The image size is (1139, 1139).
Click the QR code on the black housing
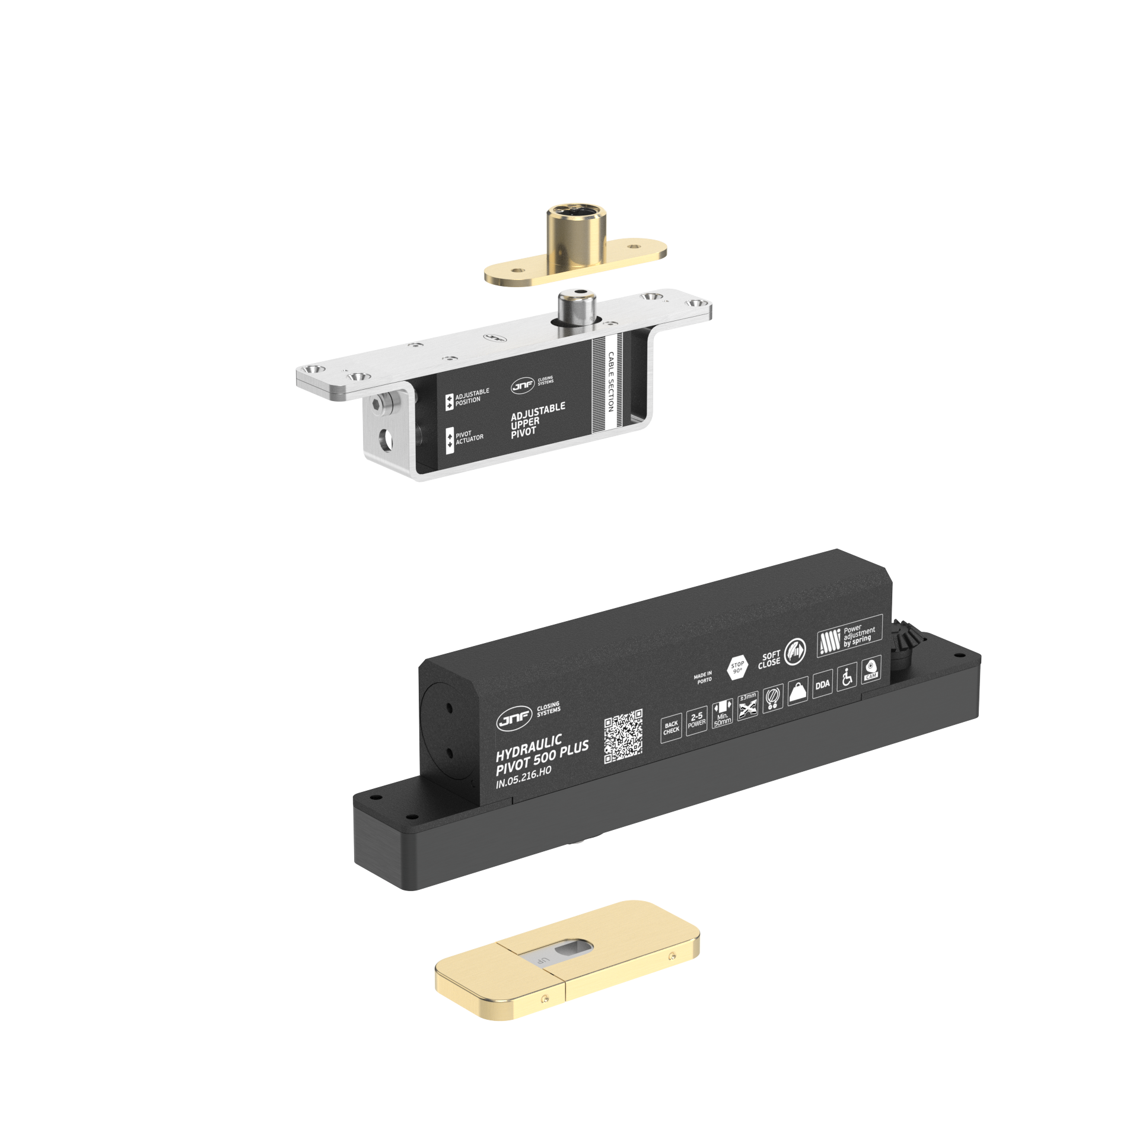(x=623, y=736)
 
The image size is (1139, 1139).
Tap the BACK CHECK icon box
(x=671, y=727)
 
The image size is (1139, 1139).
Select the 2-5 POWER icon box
(x=696, y=721)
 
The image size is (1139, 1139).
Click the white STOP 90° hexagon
(x=737, y=668)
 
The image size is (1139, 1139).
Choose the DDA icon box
(x=822, y=684)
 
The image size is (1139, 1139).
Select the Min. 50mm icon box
(x=722, y=714)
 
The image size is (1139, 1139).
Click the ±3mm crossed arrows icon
(x=748, y=706)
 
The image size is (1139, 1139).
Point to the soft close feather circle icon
(x=795, y=653)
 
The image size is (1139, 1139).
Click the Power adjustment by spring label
(x=850, y=636)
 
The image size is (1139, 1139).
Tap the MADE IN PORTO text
(x=703, y=677)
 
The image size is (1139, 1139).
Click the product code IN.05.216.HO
(x=524, y=778)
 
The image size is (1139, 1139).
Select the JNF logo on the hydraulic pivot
(x=514, y=720)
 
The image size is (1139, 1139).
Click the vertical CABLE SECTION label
(x=610, y=381)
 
